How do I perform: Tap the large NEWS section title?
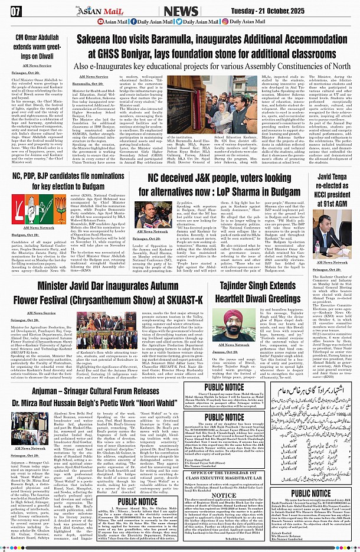(x=181, y=11)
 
